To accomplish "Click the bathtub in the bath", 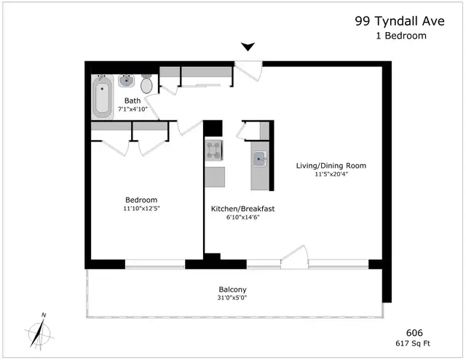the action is [x=102, y=97].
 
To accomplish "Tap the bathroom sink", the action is [x=127, y=81].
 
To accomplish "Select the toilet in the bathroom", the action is [x=146, y=84].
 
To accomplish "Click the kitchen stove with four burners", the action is [x=213, y=150].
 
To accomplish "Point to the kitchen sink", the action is [x=260, y=159].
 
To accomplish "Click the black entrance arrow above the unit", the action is [x=248, y=47].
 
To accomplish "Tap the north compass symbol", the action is [x=39, y=332].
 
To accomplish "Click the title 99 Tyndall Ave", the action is [x=400, y=21].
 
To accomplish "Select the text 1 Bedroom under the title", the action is [x=401, y=36].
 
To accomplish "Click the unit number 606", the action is [x=414, y=332].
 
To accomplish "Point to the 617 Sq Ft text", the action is [x=413, y=343].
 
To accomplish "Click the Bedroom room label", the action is [x=141, y=200].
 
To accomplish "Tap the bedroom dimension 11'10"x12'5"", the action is [x=141, y=208].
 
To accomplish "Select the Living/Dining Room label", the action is [x=331, y=165].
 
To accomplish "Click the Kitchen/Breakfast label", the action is [x=242, y=209].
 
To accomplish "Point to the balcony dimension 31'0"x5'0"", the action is [x=232, y=297].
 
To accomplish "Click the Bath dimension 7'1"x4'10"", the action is [x=133, y=109].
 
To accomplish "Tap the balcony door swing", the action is [x=293, y=257].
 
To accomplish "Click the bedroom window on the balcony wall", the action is [x=155, y=265].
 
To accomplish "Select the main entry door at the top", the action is [x=248, y=71].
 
